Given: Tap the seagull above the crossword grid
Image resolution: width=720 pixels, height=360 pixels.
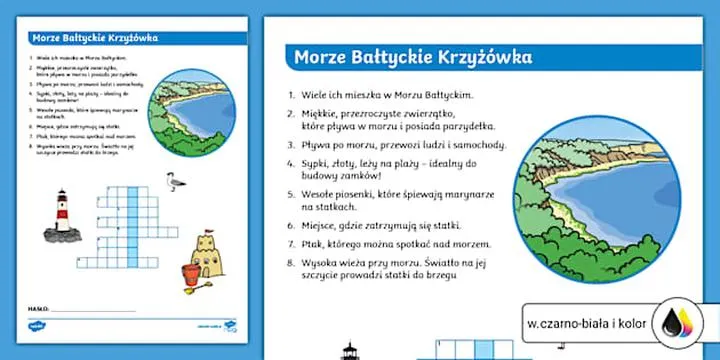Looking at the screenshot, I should (171, 182).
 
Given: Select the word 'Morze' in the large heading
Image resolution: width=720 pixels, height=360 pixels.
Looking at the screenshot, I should (319, 56).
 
